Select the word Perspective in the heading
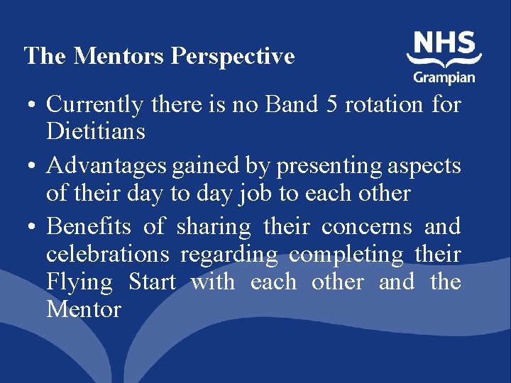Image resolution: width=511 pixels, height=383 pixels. point(233,57)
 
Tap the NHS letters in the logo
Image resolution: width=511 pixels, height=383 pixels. point(444,43)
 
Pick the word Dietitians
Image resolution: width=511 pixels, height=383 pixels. point(96,131)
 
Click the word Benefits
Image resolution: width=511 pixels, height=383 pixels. point(89,227)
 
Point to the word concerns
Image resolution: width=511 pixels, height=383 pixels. point(366,227)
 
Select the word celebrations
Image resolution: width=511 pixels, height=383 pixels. point(108,254)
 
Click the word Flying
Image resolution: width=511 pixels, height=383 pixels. point(79,282)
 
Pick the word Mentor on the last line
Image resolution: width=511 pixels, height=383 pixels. point(84,309)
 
